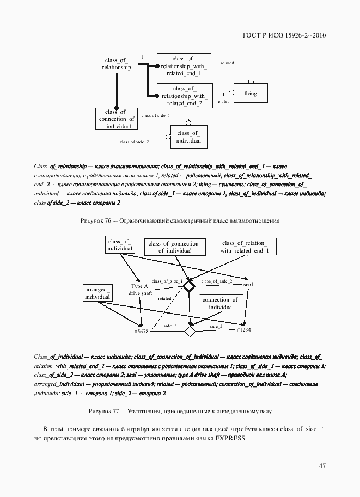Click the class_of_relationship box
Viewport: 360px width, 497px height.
[x=117, y=64]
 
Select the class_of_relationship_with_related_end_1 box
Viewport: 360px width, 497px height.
[x=184, y=65]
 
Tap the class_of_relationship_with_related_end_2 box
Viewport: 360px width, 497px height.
[x=184, y=95]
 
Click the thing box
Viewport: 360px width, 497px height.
[x=251, y=94]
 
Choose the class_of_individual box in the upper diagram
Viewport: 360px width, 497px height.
[x=188, y=137]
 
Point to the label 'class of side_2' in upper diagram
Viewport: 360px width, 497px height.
[x=134, y=142]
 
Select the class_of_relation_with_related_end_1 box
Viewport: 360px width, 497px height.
[x=245, y=247]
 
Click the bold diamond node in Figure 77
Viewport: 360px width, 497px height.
[x=188, y=286]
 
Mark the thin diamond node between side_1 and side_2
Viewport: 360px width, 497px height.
[x=190, y=330]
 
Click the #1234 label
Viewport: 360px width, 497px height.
[x=243, y=329]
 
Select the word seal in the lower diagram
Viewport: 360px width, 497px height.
[x=248, y=285]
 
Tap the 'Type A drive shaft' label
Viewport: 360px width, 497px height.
[x=140, y=290]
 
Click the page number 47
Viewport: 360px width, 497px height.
[x=322, y=465]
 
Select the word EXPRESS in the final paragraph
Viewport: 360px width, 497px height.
[x=231, y=439]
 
